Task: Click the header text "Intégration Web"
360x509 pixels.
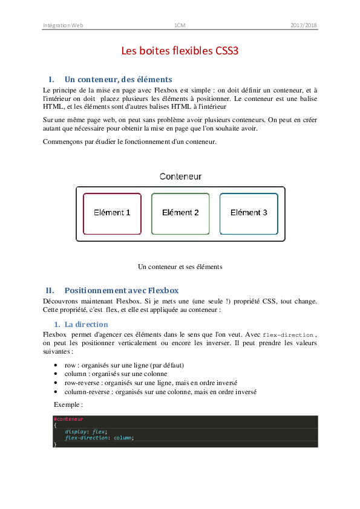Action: pos(63,25)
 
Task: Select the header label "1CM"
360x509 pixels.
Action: pos(180,25)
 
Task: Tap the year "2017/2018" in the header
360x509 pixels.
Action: pos(303,25)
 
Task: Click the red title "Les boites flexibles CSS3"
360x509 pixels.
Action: pos(180,51)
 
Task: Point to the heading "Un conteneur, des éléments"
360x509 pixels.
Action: pos(118,79)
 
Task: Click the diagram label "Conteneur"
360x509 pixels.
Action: pos(180,177)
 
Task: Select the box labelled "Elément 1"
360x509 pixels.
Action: pos(112,213)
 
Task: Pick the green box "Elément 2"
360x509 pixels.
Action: pos(180,213)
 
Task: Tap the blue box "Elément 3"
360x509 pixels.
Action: pos(249,213)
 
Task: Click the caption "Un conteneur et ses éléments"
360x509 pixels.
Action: pos(180,266)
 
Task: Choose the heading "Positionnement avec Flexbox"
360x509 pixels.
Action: pos(121,290)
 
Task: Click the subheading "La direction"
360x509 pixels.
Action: pos(86,325)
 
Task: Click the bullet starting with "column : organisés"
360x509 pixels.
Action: pos(116,374)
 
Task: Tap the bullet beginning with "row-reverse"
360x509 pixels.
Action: pos(151,383)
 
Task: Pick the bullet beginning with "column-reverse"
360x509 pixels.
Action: pos(160,391)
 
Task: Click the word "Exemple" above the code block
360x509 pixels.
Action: pos(68,404)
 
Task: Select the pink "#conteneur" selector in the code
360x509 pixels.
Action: pos(68,418)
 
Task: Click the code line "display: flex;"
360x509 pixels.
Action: pos(86,431)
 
